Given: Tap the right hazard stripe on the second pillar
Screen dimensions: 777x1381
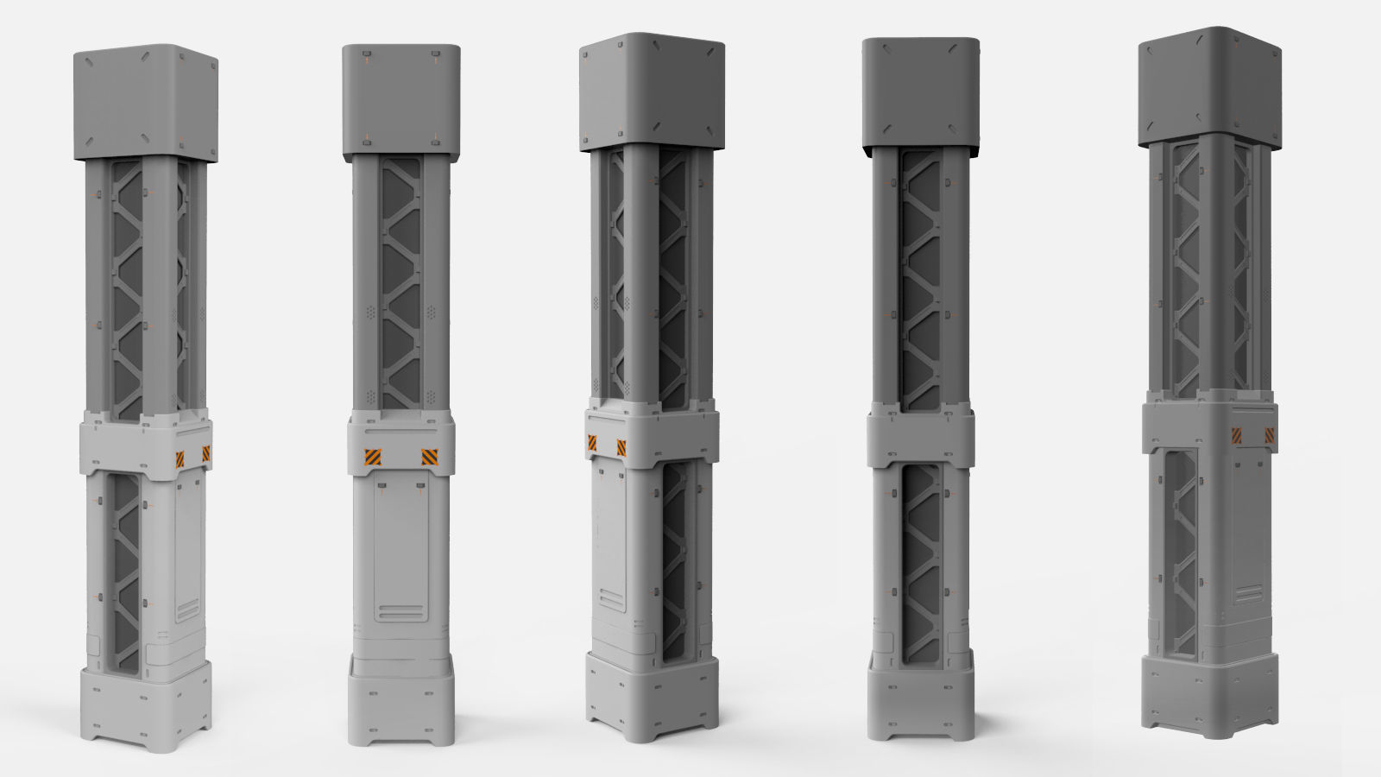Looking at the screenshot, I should (429, 457).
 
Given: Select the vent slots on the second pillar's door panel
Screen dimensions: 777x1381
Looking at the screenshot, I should (400, 612).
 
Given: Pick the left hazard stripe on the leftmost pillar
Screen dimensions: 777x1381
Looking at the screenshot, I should (180, 458).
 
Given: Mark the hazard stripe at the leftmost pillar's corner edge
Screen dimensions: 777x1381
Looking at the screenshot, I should (207, 453).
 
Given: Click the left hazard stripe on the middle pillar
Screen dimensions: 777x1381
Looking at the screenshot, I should (592, 443).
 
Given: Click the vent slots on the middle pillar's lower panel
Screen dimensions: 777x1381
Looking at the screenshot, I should (610, 600).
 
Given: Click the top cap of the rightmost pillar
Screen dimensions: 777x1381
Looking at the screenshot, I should (1208, 86).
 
